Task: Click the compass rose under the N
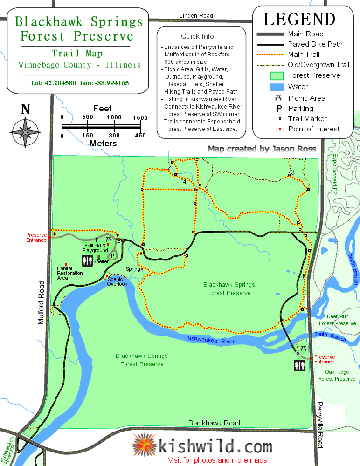25,132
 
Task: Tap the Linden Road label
196,16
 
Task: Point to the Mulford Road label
42,302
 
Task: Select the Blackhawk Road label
214,423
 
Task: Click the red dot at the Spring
142,269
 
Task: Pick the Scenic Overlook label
117,281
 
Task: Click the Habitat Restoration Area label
69,273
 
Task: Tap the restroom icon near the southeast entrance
299,366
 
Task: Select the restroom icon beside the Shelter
88,260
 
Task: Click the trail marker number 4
185,181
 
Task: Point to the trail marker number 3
293,172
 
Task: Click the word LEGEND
299,19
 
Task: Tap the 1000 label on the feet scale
114,117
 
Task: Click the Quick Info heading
197,36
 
